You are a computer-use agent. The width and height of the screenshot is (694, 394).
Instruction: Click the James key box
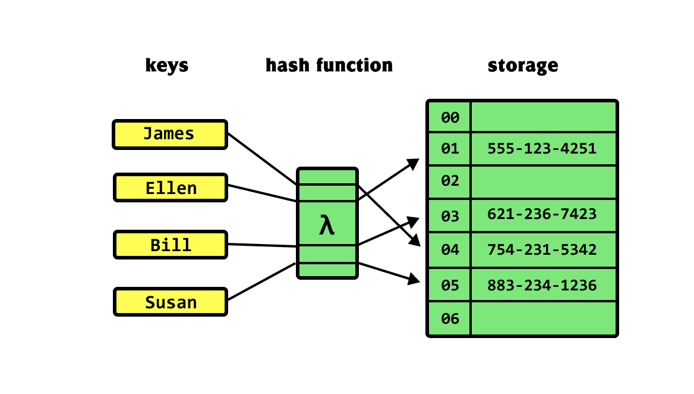coord(170,134)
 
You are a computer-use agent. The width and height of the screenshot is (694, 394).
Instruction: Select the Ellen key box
coord(170,188)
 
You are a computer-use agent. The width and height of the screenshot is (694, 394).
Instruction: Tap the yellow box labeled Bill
coord(170,245)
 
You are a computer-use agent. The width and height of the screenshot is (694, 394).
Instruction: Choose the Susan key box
coord(170,302)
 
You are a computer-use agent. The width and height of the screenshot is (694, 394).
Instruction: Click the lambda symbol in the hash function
coord(327,226)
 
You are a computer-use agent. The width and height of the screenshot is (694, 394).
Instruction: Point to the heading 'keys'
coord(167,65)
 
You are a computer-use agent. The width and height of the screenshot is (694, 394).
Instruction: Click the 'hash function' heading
coord(329,65)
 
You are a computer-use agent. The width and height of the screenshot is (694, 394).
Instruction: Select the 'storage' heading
coord(523,65)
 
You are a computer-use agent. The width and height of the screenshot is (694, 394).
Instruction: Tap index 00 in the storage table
coord(450,117)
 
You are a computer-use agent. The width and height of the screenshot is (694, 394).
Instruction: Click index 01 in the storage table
coord(450,148)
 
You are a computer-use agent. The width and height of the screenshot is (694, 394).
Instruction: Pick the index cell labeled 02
coord(450,181)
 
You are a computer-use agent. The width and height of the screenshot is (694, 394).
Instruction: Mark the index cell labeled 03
coord(450,215)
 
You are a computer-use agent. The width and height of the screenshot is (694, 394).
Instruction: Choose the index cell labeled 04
coord(450,249)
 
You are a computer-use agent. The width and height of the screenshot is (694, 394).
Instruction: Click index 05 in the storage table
coord(450,285)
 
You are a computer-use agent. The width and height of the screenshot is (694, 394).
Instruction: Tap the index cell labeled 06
coord(450,318)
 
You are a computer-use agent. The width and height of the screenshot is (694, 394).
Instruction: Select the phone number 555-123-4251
coord(541,148)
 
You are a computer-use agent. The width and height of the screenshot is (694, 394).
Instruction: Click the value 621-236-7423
coord(541,214)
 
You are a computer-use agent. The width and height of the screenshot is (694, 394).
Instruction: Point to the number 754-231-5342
coord(541,249)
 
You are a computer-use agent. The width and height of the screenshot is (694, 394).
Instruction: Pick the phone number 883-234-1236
coord(541,285)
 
